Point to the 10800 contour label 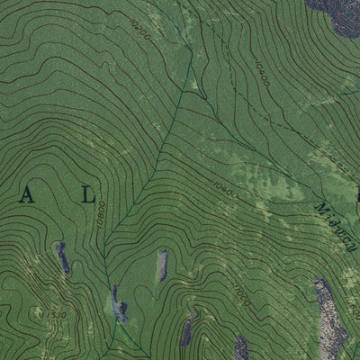click(x=99, y=216)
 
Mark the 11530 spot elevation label click(x=56, y=314)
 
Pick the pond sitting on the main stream click(x=118, y=302)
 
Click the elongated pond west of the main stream click(x=63, y=259)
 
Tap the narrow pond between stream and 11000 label click(x=163, y=265)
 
